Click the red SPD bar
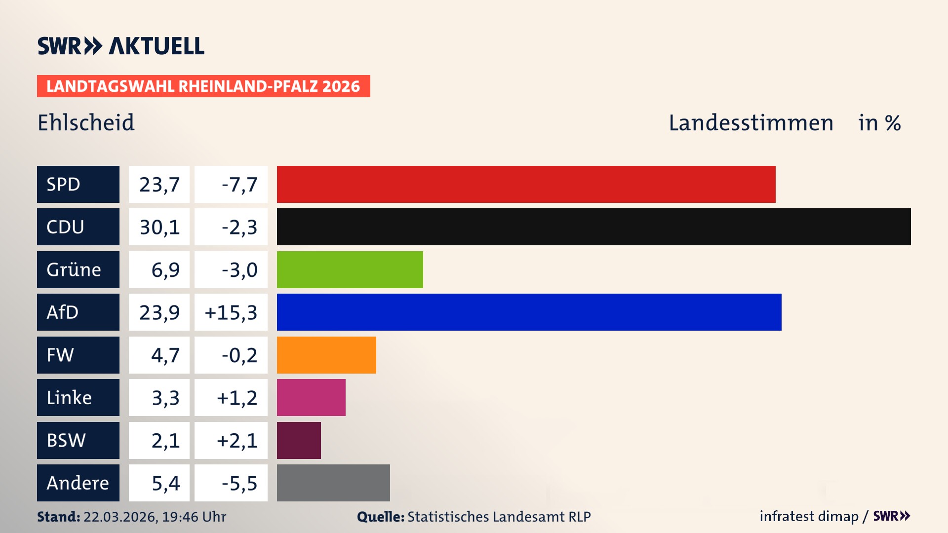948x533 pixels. (526, 184)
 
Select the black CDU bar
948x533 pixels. (593, 227)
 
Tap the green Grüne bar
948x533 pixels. (350, 269)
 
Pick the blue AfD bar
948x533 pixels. (529, 312)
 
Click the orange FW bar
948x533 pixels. (326, 355)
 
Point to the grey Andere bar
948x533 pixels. (333, 483)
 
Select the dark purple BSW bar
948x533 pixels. (299, 440)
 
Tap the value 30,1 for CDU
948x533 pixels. (159, 227)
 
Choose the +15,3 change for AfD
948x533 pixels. (231, 312)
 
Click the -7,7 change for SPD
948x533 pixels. (239, 185)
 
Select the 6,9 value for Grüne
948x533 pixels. (165, 270)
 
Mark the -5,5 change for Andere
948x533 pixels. (239, 483)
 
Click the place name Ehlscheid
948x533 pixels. (86, 122)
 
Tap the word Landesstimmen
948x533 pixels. (750, 123)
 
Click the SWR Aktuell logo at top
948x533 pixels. (120, 46)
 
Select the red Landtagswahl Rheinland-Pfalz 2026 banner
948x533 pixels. (203, 86)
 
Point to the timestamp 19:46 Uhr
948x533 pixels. (194, 517)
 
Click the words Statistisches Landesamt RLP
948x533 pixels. (499, 517)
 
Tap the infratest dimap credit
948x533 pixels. (809, 516)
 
